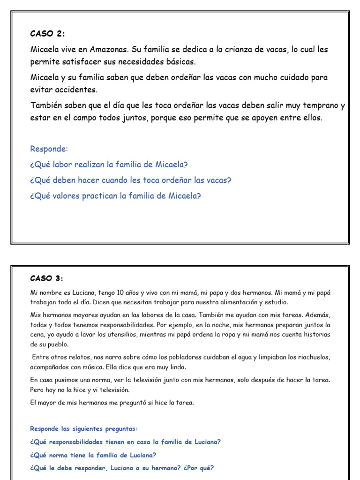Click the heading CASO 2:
click(x=48, y=33)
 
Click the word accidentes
click(x=75, y=90)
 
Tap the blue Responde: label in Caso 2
click(x=49, y=149)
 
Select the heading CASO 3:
click(x=46, y=278)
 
